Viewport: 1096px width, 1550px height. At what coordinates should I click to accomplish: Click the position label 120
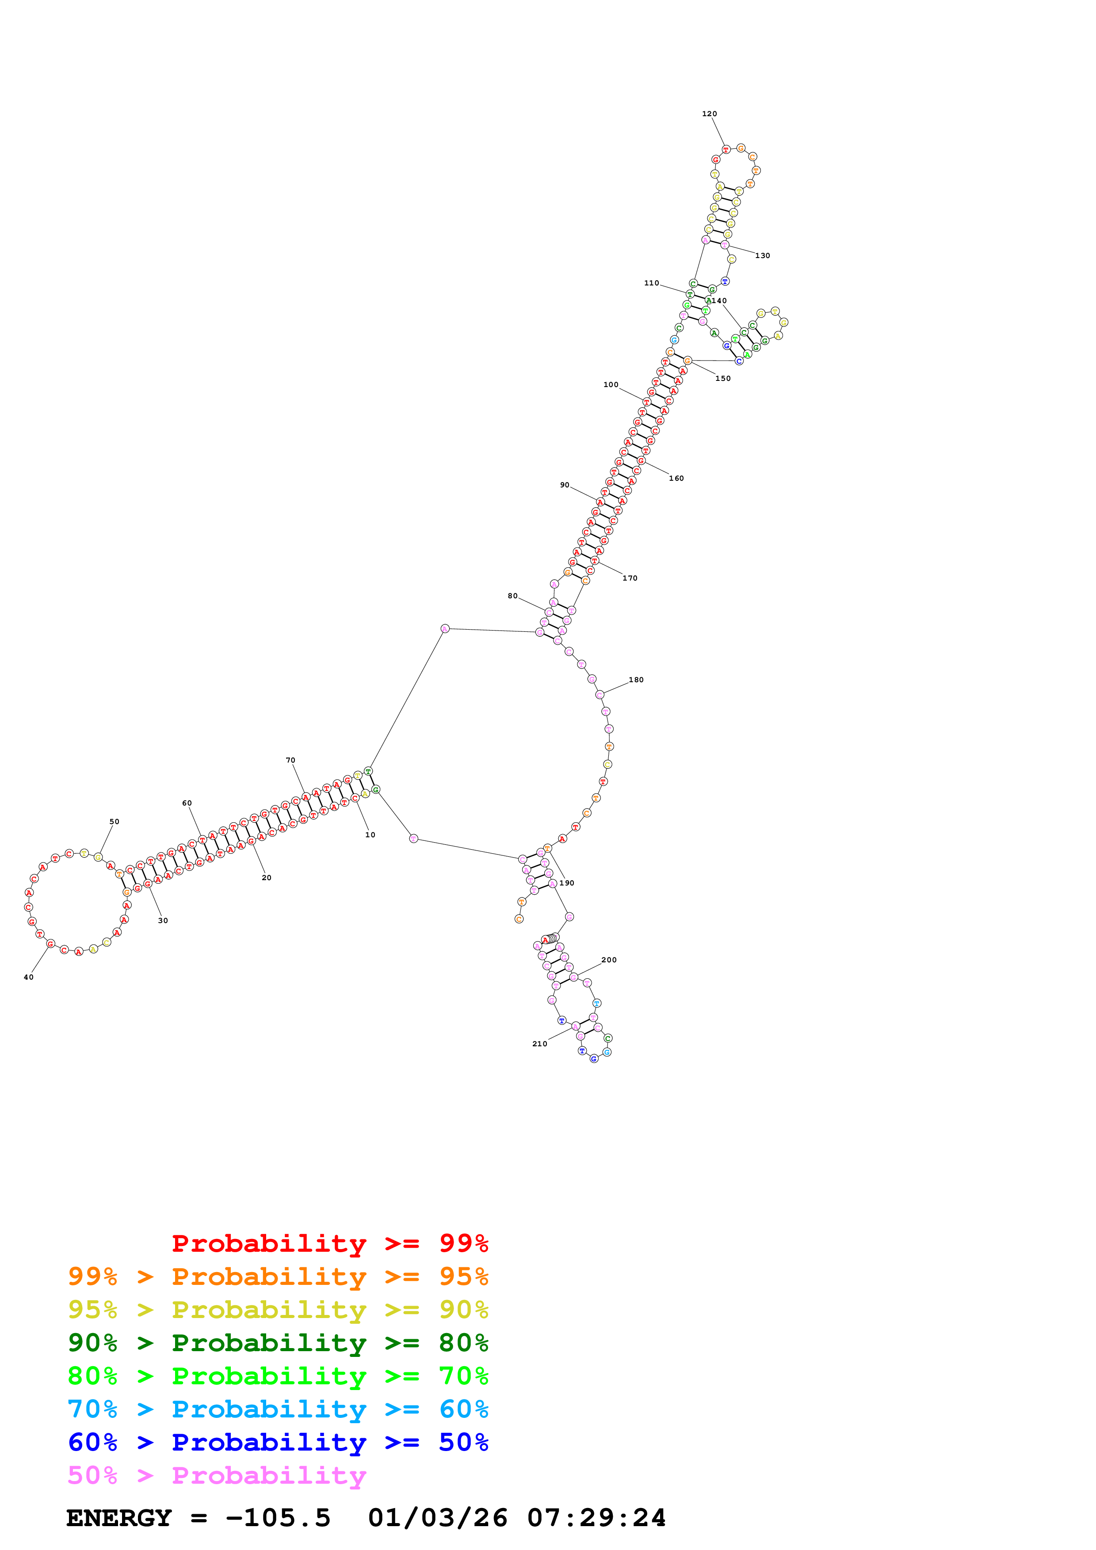tap(709, 114)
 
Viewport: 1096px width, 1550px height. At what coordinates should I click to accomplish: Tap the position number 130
tap(762, 256)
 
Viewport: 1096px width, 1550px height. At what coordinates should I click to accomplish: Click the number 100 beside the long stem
tap(611, 385)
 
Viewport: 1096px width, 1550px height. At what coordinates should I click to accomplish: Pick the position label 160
tap(676, 479)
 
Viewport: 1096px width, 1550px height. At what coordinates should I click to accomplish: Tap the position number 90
tap(565, 486)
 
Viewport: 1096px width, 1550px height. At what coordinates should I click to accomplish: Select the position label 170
tap(630, 578)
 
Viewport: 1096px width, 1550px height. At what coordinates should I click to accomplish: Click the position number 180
tap(636, 680)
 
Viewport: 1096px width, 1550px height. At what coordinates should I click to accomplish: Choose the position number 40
tap(28, 977)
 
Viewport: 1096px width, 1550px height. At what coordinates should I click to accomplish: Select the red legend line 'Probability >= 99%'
tap(329, 1243)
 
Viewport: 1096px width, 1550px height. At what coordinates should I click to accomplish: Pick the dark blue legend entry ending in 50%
tap(278, 1442)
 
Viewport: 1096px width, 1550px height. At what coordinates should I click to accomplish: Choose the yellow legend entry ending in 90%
tap(278, 1310)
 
